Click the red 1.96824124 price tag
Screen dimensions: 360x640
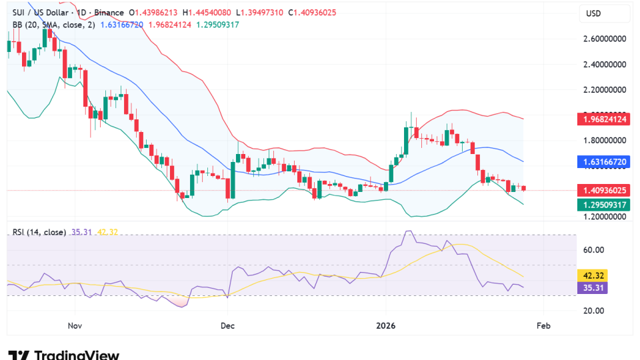(603, 119)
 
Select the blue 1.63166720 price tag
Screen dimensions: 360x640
(603, 162)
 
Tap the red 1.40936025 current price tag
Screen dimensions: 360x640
(603, 190)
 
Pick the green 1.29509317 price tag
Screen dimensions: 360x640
(603, 204)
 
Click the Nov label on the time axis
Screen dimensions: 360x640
(75, 326)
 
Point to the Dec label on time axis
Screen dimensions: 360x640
(228, 326)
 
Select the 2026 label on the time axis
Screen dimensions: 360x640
(385, 326)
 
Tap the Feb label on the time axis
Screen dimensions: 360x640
(543, 326)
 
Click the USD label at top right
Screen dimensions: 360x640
(593, 14)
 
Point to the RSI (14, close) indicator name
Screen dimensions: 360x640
(39, 232)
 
